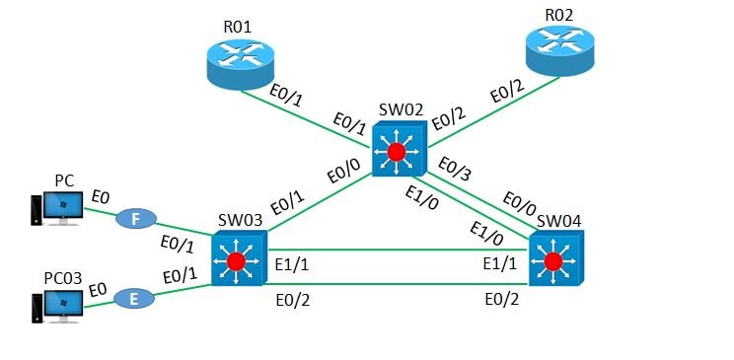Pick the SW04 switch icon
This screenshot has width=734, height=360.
tap(555, 260)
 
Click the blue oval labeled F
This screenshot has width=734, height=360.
tap(135, 219)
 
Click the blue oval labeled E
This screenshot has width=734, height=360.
tap(132, 297)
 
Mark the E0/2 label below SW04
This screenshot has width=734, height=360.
tap(502, 299)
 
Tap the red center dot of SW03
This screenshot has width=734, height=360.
tap(235, 262)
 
